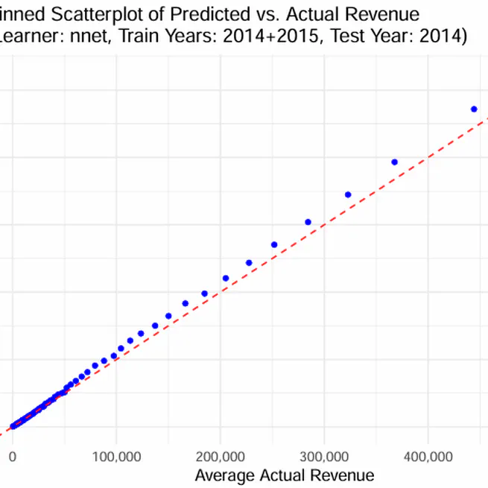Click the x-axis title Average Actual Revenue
[x=284, y=475]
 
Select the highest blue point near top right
[x=473, y=109]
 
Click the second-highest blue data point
[x=394, y=162]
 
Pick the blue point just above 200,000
[x=226, y=278]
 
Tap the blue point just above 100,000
[x=121, y=348]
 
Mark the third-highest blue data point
[x=348, y=194]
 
